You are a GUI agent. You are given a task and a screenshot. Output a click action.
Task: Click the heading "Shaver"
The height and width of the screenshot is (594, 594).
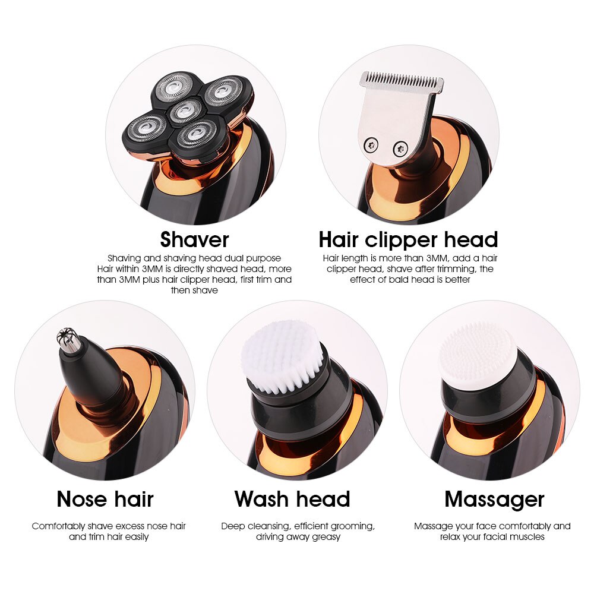[194, 240]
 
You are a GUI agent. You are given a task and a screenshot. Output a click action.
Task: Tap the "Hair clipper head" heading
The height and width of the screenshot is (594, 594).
[408, 240]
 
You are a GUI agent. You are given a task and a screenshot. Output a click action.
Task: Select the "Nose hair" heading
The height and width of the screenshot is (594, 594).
[105, 500]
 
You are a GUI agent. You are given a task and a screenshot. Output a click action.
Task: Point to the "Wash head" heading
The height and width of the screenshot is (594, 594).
[292, 500]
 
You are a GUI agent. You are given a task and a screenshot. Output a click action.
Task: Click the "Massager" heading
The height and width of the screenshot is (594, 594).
[494, 500]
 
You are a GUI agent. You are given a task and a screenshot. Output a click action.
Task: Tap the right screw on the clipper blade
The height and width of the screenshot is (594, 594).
[401, 147]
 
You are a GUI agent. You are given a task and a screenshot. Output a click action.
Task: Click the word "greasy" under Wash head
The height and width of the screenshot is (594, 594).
[326, 537]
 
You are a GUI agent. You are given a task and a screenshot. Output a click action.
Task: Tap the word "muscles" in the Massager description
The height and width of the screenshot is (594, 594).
[527, 537]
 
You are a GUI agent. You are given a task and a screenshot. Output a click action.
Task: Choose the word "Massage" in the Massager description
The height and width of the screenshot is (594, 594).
[432, 526]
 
